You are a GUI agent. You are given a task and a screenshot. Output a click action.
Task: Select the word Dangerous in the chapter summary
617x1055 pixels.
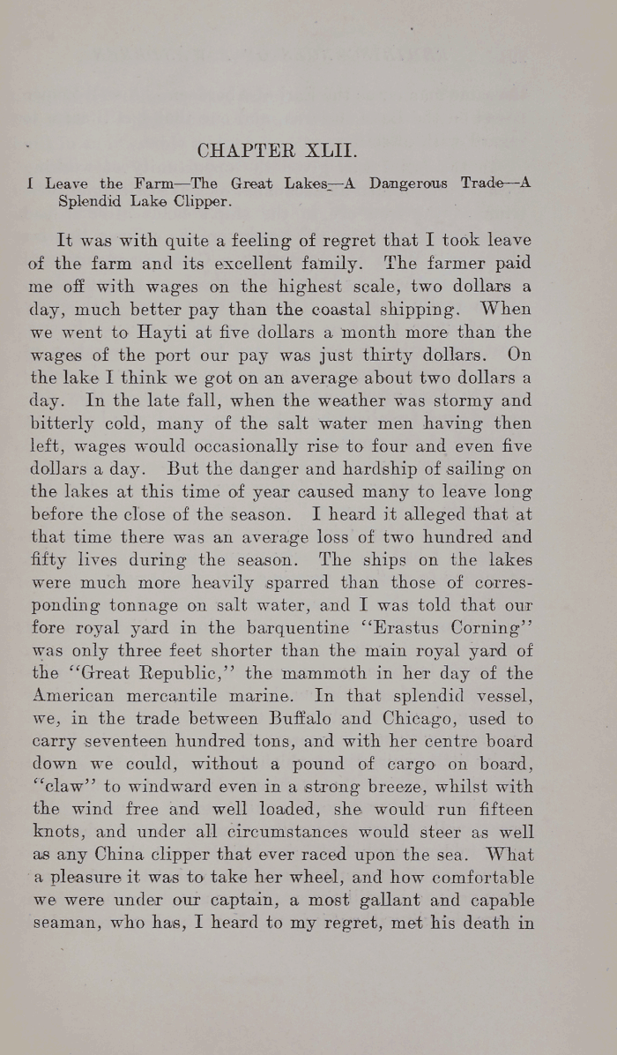409,183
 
